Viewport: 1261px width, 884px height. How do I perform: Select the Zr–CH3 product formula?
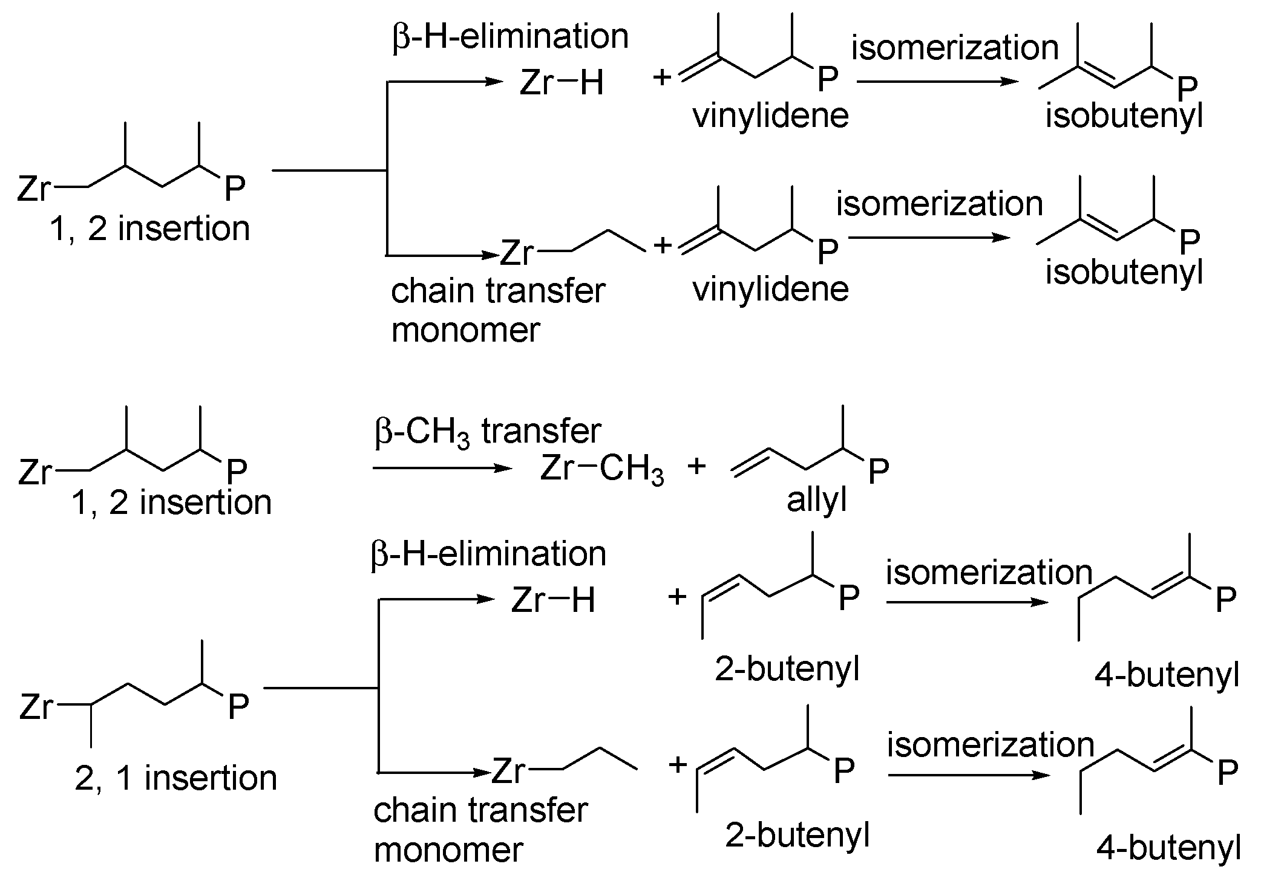coord(602,469)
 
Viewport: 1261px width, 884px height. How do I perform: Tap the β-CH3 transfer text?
coord(488,432)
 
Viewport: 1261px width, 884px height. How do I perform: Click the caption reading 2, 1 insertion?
coord(176,778)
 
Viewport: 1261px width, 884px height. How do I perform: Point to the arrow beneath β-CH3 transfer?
coord(442,468)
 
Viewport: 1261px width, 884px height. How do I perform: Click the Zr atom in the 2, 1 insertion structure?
coord(36,706)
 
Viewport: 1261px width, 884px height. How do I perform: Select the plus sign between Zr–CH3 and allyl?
coord(697,466)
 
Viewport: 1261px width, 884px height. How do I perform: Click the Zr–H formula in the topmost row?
coord(562,83)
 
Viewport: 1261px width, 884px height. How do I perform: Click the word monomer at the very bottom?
coord(448,850)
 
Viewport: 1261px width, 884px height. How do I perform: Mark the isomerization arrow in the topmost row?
coord(938,82)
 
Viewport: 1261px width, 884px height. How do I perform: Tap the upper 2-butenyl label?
coord(787,669)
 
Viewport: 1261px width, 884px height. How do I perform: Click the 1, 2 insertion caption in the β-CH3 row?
coord(172,502)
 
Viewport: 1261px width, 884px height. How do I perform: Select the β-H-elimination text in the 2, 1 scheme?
coord(488,554)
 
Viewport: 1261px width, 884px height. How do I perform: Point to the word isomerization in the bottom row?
coord(991,744)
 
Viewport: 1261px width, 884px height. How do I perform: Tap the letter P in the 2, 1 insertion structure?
coord(238,706)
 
